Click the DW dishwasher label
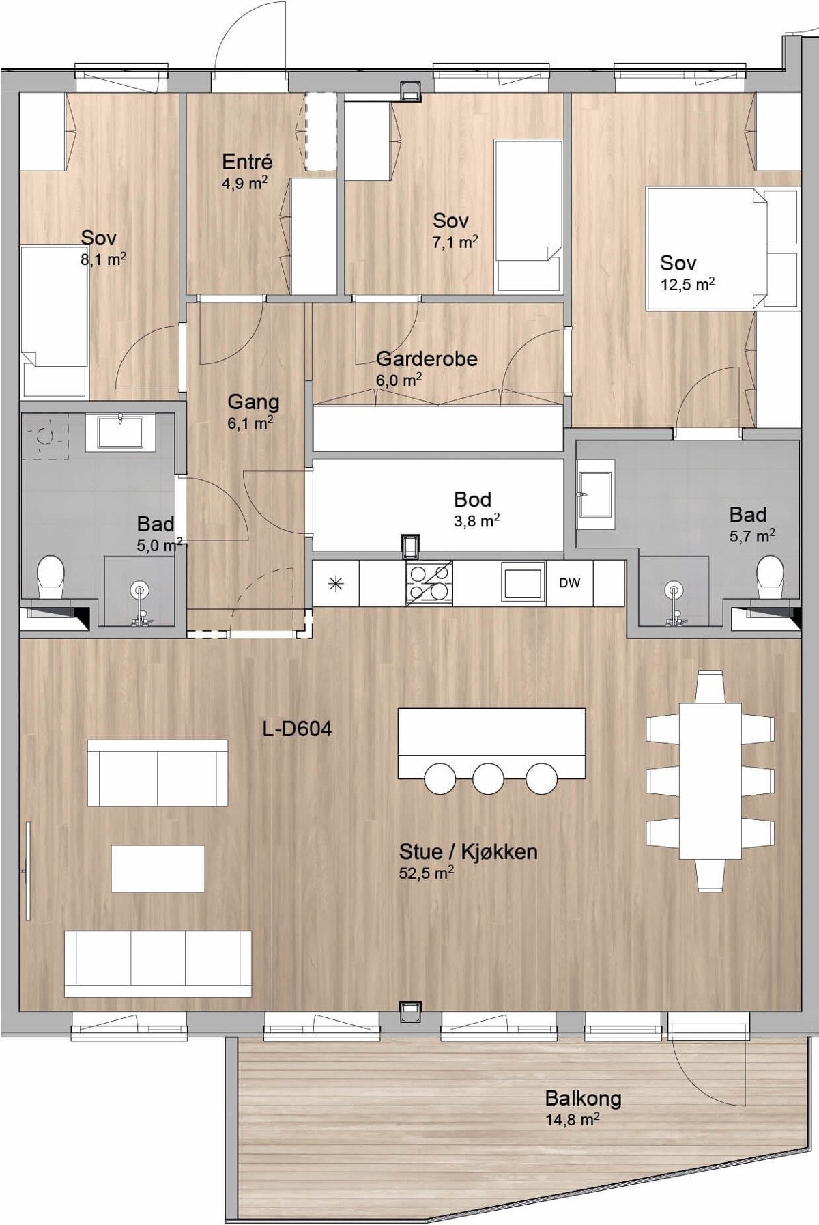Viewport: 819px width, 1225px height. point(569,582)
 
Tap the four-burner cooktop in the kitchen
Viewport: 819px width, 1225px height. point(429,582)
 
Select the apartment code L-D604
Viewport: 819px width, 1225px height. point(298,729)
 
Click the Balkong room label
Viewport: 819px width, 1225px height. point(583,1098)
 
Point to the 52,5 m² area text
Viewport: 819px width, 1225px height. point(427,873)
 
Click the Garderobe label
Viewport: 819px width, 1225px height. point(427,358)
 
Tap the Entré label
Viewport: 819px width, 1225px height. point(247,162)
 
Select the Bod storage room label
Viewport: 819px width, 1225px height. point(472,499)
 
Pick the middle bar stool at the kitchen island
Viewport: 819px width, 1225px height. point(488,777)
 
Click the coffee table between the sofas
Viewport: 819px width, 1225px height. point(158,869)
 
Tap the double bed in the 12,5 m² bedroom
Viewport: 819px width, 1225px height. point(722,249)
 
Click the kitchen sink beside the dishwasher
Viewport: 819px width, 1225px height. point(523,582)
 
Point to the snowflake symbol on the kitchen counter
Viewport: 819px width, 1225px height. point(336,583)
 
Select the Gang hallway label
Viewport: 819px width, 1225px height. point(253,402)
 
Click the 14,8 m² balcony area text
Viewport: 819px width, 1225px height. point(573,1119)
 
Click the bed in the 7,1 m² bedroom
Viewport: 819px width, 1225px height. point(530,217)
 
